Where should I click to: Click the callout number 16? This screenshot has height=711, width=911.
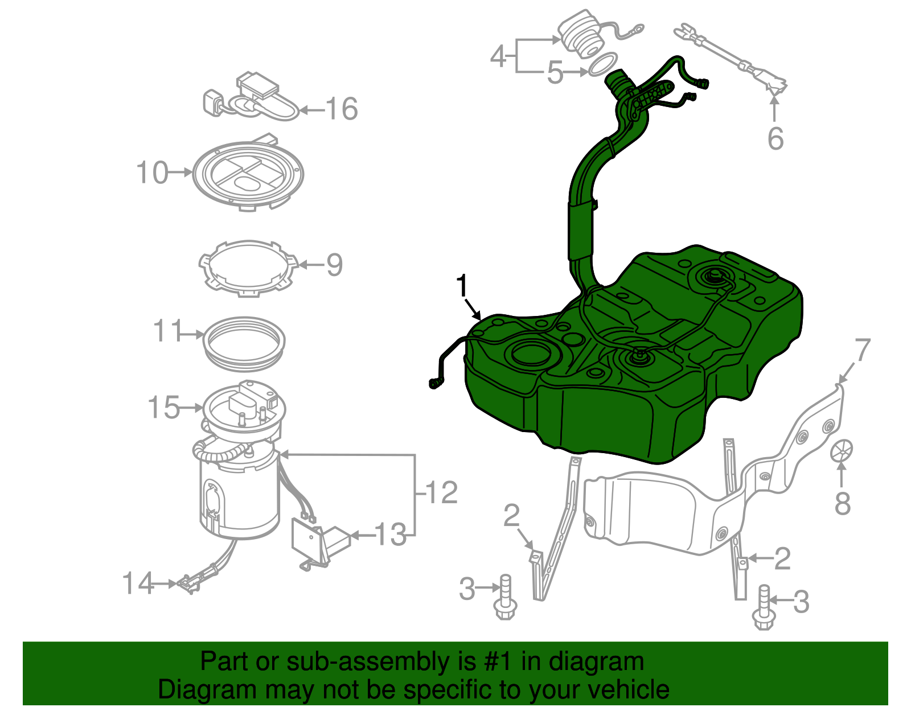(x=342, y=109)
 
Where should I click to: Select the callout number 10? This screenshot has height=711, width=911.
(x=152, y=172)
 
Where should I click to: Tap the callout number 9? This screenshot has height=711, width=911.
(x=334, y=265)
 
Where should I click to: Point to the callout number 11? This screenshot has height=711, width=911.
(x=167, y=331)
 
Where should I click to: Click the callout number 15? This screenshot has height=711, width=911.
(x=163, y=408)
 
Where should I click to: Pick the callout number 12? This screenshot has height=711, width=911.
(x=441, y=492)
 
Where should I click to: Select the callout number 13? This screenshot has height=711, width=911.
(x=391, y=535)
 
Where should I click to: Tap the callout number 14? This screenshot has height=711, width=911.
(x=138, y=583)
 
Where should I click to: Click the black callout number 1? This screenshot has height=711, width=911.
(x=462, y=286)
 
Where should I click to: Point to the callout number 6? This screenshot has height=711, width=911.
(x=775, y=139)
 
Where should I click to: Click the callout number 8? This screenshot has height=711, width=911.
(x=843, y=503)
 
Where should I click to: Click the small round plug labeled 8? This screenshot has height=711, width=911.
(x=842, y=451)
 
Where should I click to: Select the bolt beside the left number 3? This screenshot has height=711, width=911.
(x=505, y=598)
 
